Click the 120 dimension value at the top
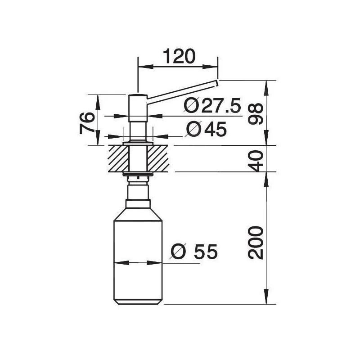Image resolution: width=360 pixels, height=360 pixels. click(179, 57)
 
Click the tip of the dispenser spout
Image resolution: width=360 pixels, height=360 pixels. click(217, 82)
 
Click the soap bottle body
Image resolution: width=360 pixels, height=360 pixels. click(137, 256)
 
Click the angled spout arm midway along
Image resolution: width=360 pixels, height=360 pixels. click(182, 90)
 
